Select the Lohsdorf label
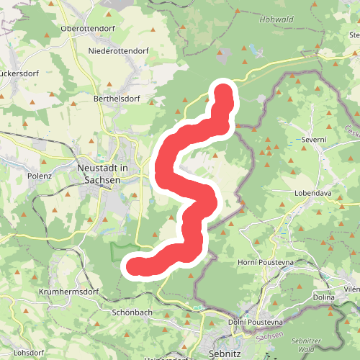(28, 353)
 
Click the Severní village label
(314, 139)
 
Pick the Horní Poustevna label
(265, 264)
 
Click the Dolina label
(325, 296)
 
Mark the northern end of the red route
(224, 93)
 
